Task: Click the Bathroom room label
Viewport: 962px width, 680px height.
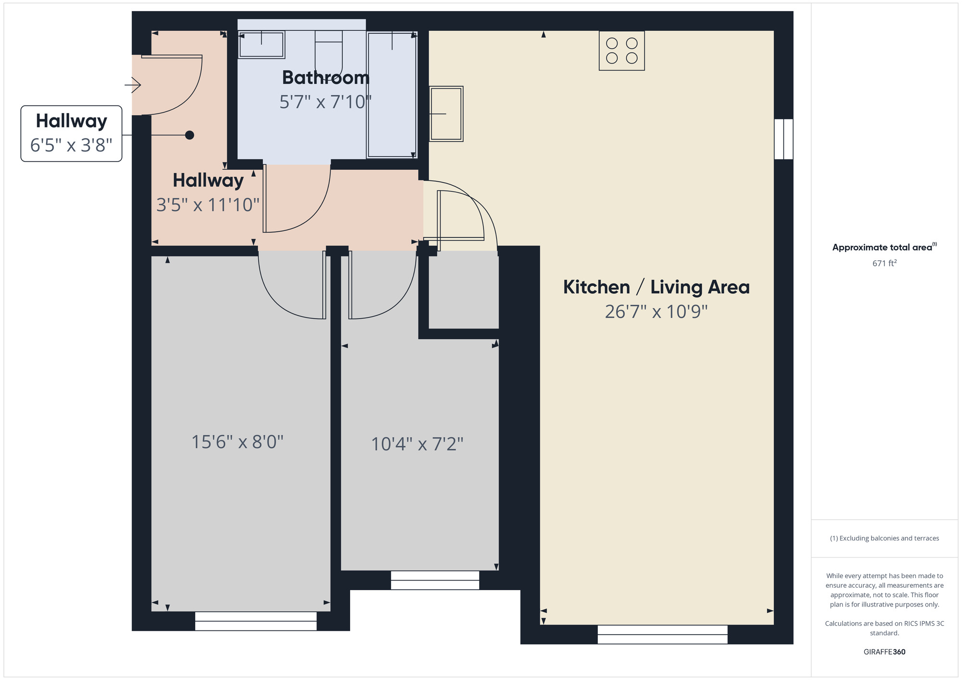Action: click(326, 77)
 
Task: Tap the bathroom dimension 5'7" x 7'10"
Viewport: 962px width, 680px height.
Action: click(326, 102)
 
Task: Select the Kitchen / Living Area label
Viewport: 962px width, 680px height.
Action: click(656, 287)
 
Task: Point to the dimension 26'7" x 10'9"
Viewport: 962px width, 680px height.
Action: click(656, 312)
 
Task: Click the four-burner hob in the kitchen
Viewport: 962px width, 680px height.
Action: click(621, 50)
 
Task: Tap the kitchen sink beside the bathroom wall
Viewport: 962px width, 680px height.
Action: click(446, 113)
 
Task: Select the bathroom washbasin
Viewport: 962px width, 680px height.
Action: click(261, 45)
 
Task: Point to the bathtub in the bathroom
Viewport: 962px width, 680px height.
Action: click(392, 94)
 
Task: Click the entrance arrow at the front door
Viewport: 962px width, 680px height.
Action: click(133, 86)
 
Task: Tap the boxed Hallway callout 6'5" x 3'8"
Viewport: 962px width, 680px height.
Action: click(71, 133)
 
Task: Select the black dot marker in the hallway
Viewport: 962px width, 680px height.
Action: click(190, 135)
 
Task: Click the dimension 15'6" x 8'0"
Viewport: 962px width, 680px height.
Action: click(237, 442)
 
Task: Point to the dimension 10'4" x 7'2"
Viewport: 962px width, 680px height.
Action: click(417, 444)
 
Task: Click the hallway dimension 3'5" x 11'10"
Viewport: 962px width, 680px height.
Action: click(208, 205)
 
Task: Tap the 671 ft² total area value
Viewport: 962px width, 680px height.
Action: click(884, 263)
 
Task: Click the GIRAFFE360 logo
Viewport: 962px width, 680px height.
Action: click(884, 652)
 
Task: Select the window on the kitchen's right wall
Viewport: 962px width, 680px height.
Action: click(784, 139)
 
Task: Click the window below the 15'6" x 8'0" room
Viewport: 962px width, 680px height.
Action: click(256, 621)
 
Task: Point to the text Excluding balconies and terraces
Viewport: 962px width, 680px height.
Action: click(884, 538)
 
